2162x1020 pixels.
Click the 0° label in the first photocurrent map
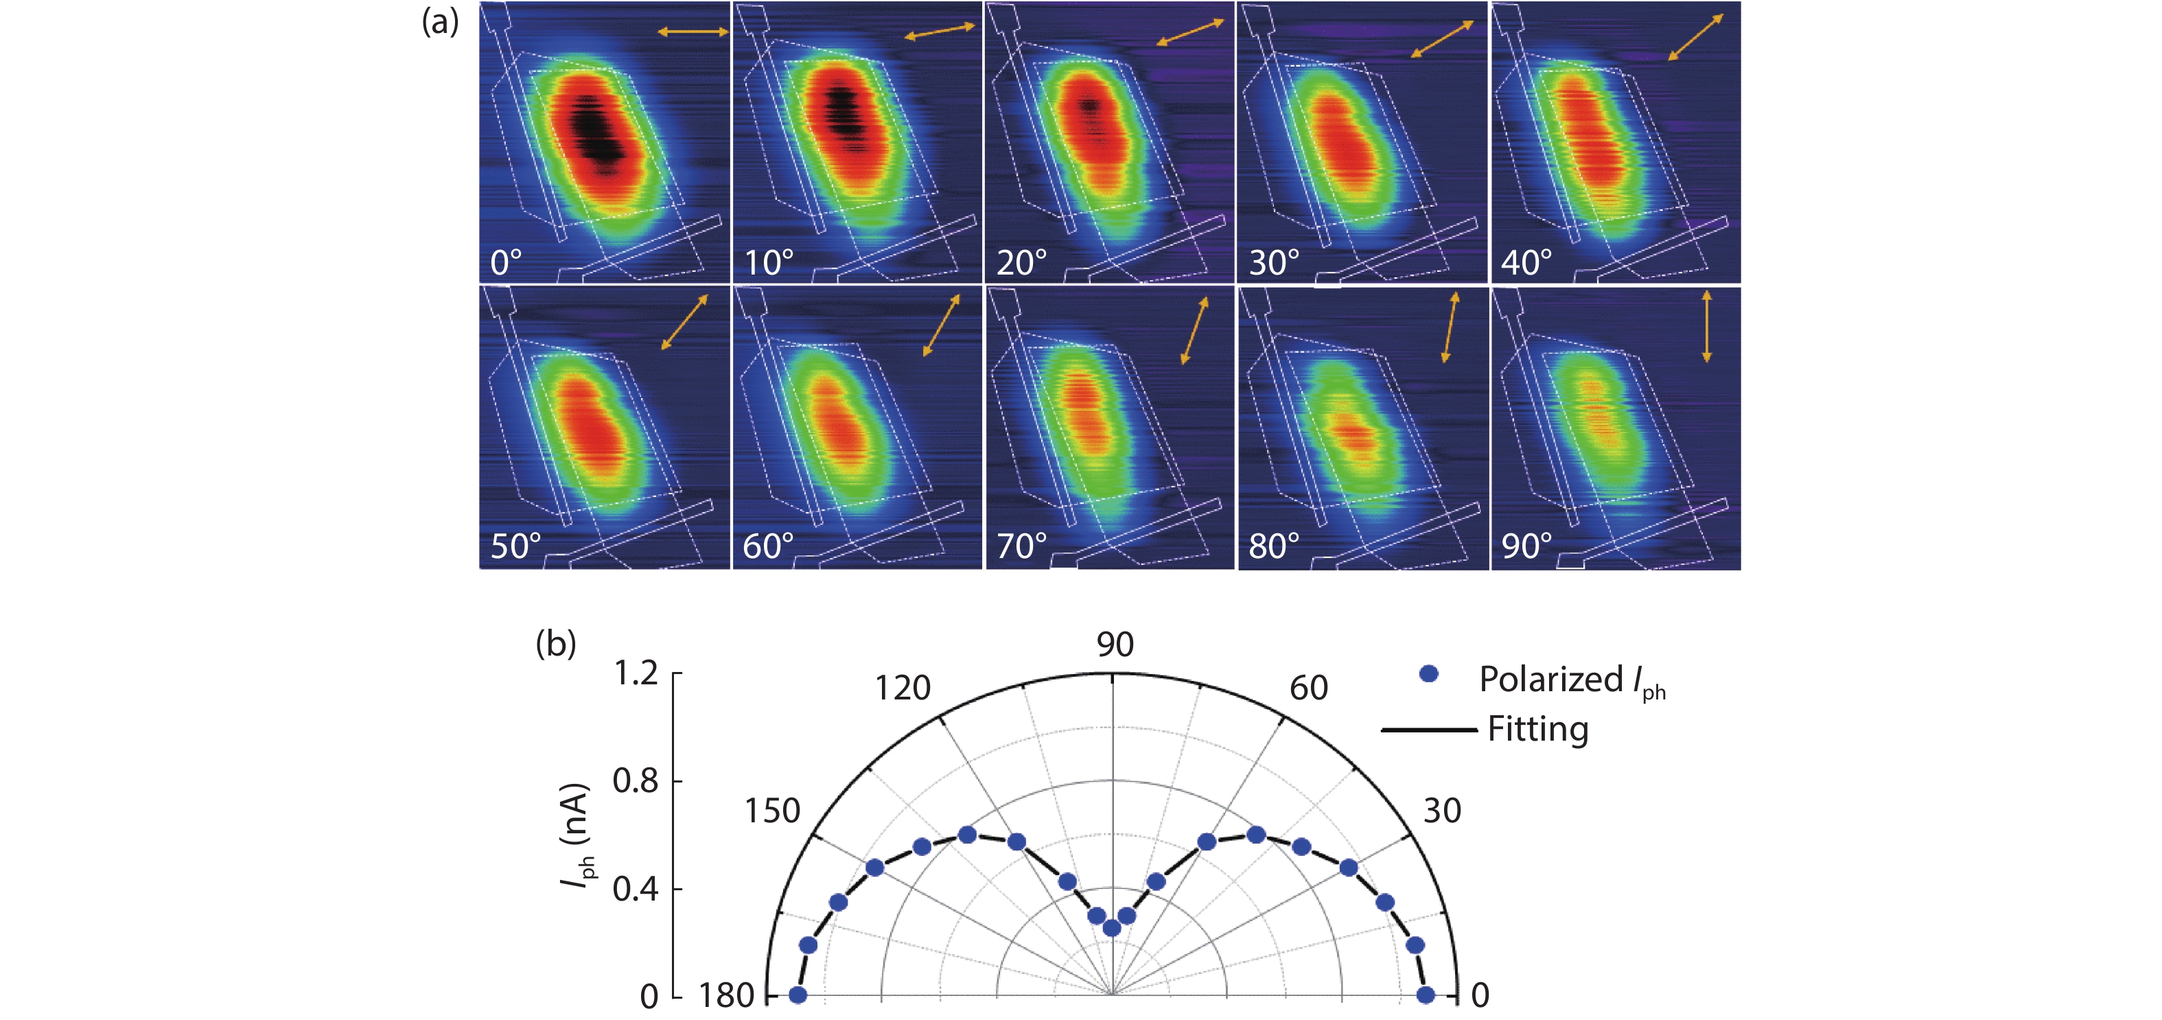506,263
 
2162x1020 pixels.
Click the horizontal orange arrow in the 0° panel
693,32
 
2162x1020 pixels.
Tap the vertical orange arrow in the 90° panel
1706,327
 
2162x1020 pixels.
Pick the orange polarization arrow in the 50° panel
684,321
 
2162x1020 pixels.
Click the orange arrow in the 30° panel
1442,38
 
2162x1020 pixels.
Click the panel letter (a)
440,23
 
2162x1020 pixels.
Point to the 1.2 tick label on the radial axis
636,673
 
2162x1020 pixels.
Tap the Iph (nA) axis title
577,835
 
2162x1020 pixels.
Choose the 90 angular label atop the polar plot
1115,645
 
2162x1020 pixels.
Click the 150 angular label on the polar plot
772,811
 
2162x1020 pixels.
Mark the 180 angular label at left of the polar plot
727,996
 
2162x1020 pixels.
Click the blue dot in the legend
1428,673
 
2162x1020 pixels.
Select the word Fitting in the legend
1537,729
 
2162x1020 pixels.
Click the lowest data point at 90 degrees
1111,927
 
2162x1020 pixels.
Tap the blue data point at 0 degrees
1425,995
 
